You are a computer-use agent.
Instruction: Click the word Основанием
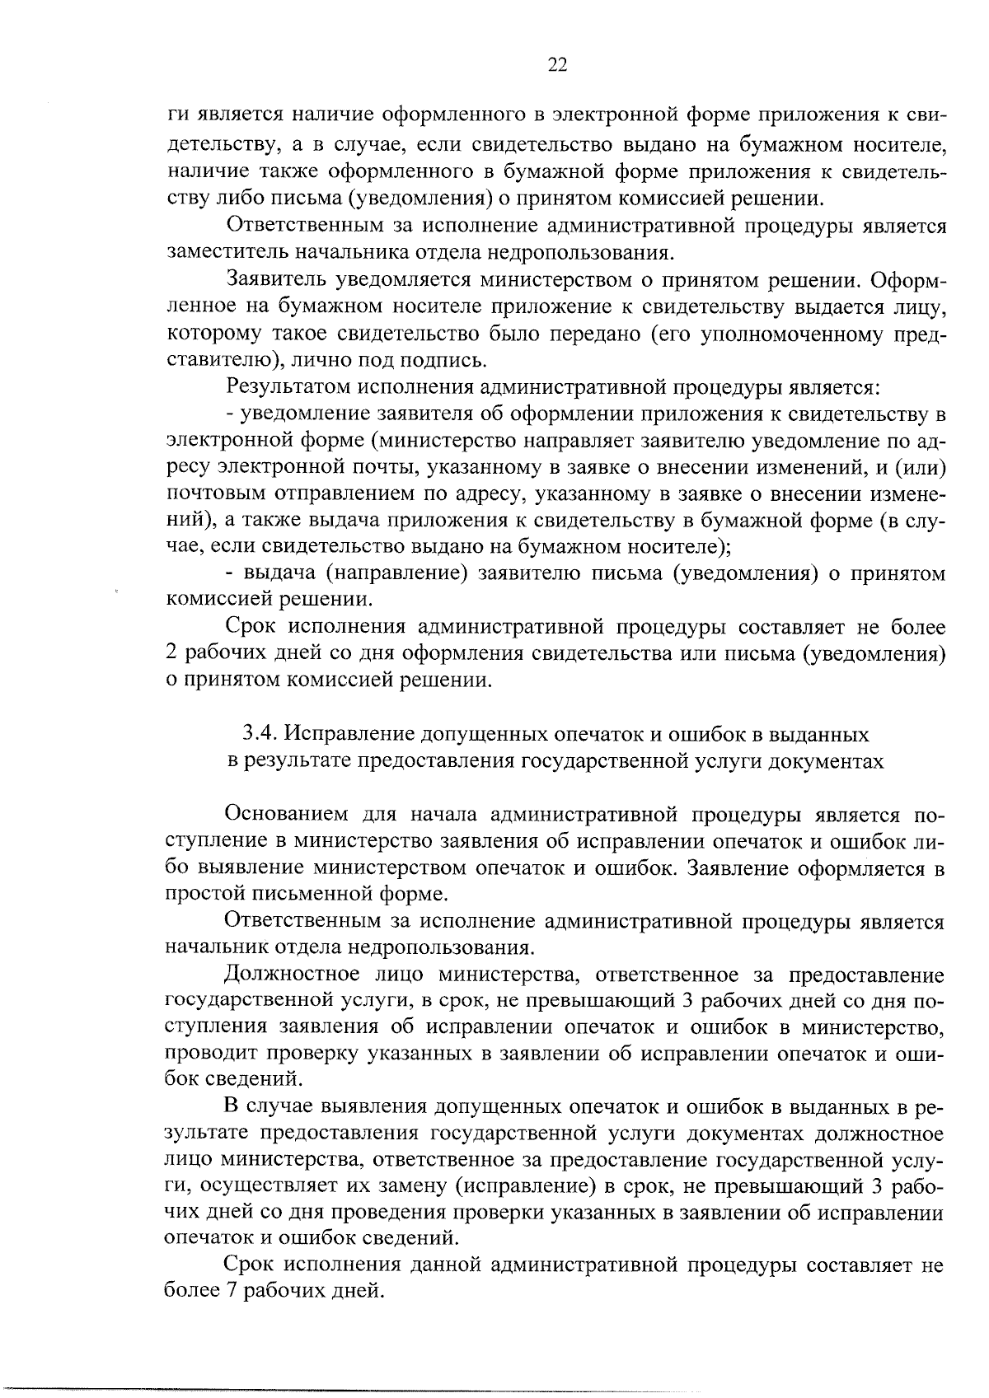pyautogui.click(x=288, y=816)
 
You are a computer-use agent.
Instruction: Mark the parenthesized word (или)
pyautogui.click(x=919, y=467)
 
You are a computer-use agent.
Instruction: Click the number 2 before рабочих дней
pyautogui.click(x=171, y=654)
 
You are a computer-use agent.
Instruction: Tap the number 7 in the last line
pyautogui.click(x=229, y=1290)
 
